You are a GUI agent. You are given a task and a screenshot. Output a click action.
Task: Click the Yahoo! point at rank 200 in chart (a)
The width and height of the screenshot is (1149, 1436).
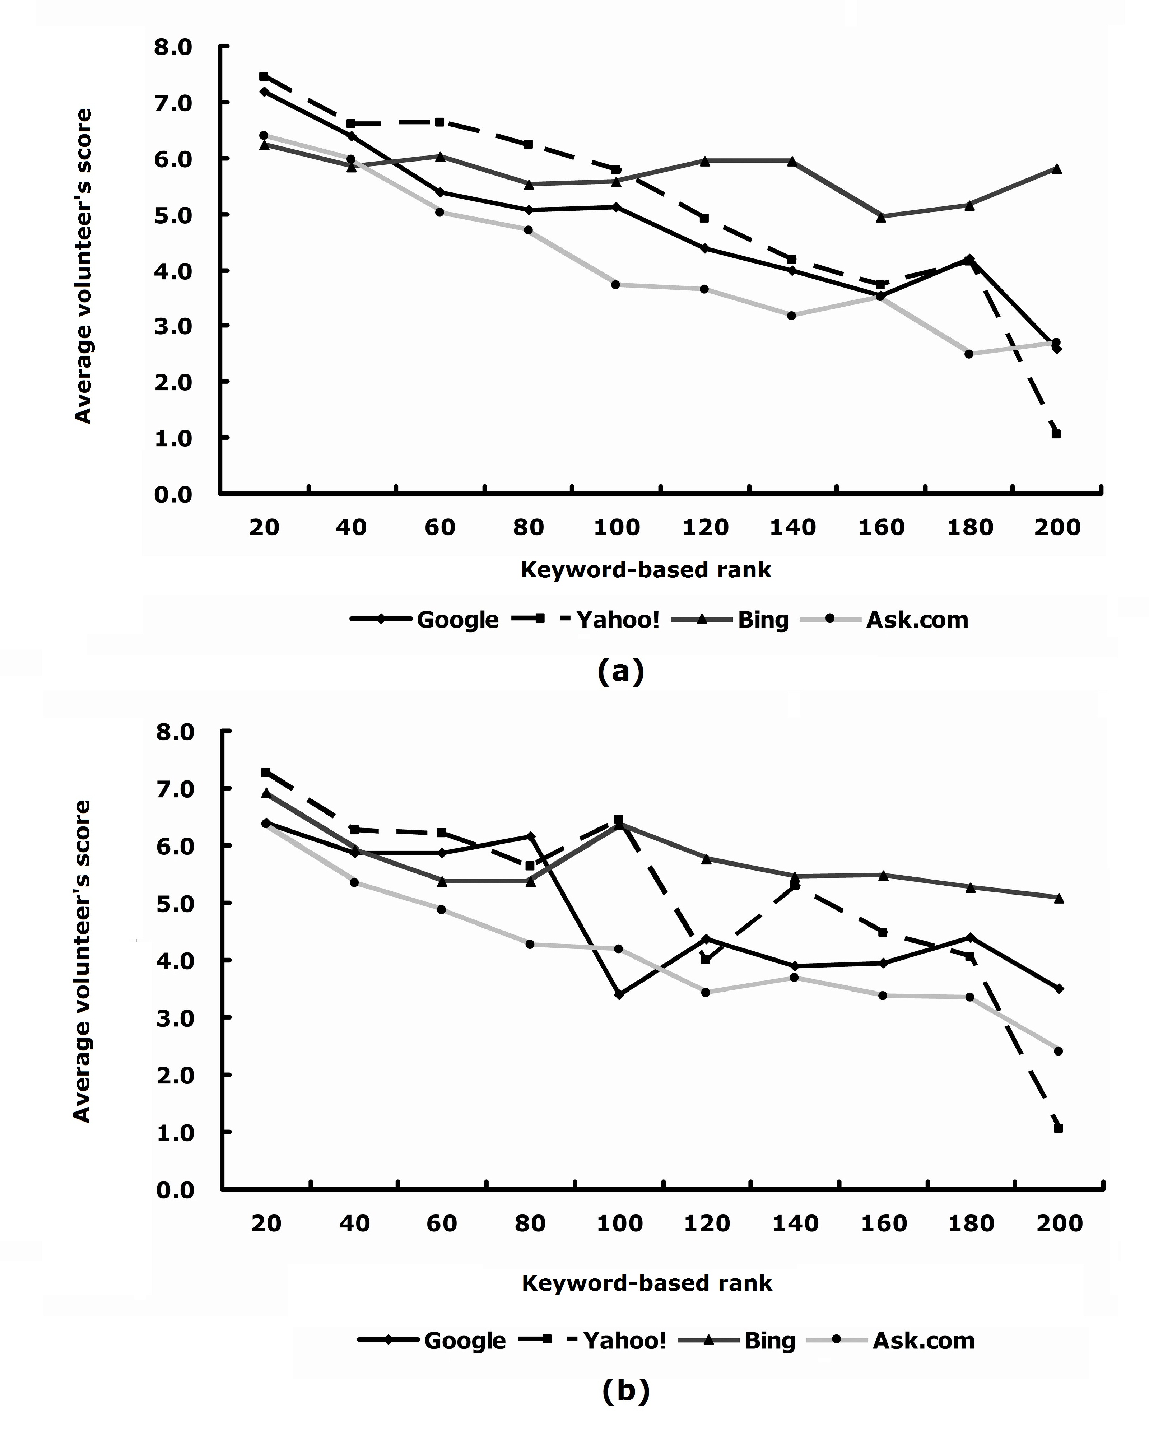(1056, 434)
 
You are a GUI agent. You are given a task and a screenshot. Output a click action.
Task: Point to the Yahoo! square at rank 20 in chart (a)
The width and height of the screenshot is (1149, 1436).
(264, 76)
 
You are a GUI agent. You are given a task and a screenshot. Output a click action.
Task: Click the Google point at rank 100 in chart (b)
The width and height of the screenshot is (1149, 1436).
(619, 994)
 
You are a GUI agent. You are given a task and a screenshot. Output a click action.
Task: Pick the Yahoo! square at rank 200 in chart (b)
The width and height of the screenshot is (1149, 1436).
(1059, 1128)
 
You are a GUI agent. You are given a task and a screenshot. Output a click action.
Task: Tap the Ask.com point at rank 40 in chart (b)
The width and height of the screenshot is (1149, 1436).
(354, 882)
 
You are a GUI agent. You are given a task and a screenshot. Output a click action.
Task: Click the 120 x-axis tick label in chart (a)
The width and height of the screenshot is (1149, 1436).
(706, 527)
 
